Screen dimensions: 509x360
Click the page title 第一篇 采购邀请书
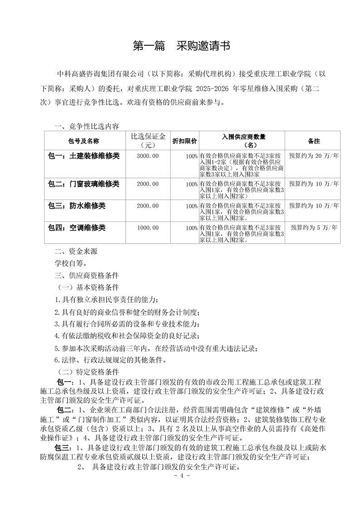[x=180, y=46]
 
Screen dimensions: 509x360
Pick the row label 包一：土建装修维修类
[x=84, y=156]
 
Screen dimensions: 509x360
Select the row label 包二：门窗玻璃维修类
[x=84, y=183]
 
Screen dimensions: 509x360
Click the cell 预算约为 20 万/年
[x=314, y=156]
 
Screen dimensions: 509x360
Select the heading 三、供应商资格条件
[x=86, y=275]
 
